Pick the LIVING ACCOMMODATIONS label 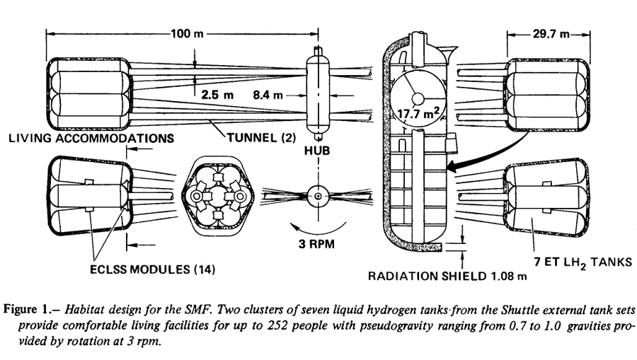click(91, 138)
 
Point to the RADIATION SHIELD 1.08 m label click(447, 276)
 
